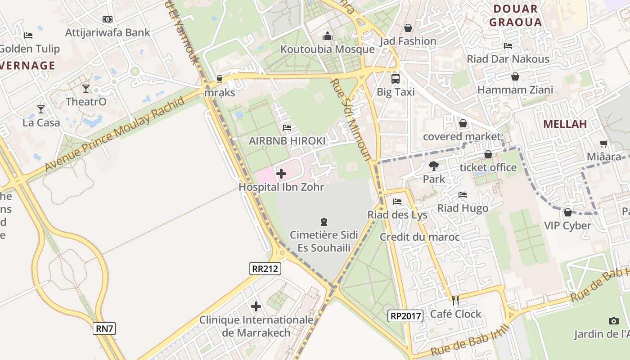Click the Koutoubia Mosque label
click(x=327, y=49)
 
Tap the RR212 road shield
click(x=265, y=269)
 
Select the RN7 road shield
click(x=104, y=328)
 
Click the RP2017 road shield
click(x=405, y=316)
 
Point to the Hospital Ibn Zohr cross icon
click(x=281, y=173)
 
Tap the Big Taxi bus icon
click(x=395, y=78)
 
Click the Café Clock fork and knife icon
click(x=455, y=300)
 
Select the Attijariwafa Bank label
click(x=108, y=32)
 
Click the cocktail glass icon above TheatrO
click(x=86, y=88)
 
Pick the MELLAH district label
click(x=565, y=124)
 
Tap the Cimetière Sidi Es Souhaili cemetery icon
click(x=324, y=221)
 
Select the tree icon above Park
click(x=434, y=166)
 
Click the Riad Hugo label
click(x=463, y=208)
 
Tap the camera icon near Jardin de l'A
click(x=613, y=321)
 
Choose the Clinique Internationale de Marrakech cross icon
click(x=256, y=306)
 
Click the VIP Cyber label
click(x=567, y=225)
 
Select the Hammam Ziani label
click(x=515, y=90)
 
